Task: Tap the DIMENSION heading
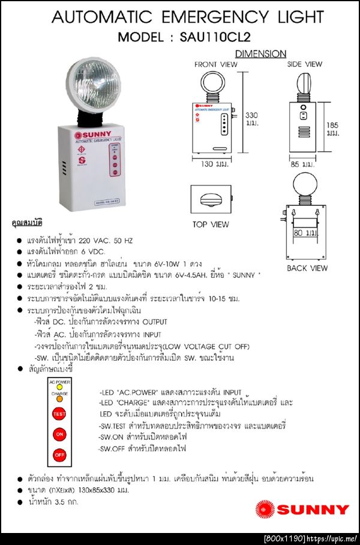[260, 53]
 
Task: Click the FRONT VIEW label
[215, 64]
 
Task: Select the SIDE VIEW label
[304, 64]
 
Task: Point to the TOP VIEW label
[211, 224]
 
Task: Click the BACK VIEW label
[307, 268]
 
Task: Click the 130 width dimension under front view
[211, 164]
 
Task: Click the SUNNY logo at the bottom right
[302, 509]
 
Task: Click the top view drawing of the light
[211, 200]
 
